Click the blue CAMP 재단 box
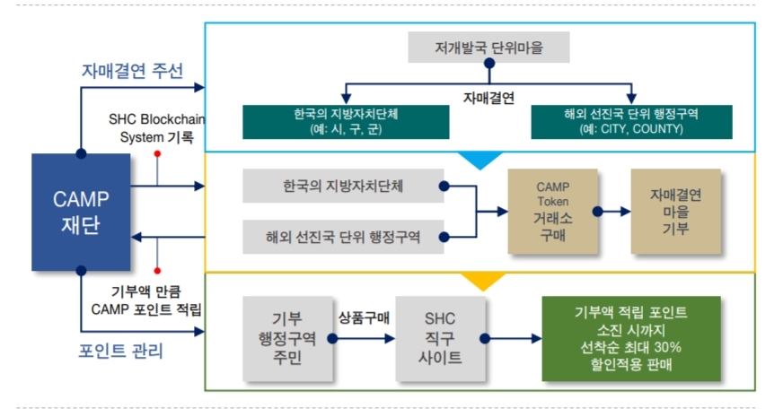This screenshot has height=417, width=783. tap(82, 212)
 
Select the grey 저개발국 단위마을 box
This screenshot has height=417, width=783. tap(488, 48)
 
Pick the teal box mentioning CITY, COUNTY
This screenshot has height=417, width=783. tap(632, 122)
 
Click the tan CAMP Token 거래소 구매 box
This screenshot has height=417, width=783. tap(553, 212)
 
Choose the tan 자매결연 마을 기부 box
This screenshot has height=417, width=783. tap(675, 212)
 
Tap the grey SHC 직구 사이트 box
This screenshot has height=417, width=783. tap(440, 338)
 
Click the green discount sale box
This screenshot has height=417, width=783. tap(630, 338)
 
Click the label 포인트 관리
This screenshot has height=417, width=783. tap(122, 351)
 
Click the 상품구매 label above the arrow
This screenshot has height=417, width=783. tap(363, 317)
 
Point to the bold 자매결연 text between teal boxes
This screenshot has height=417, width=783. tap(488, 99)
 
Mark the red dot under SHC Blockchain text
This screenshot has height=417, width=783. tap(157, 154)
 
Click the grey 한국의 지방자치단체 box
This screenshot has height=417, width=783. tap(341, 187)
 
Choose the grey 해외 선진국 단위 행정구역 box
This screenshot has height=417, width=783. tap(341, 237)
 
